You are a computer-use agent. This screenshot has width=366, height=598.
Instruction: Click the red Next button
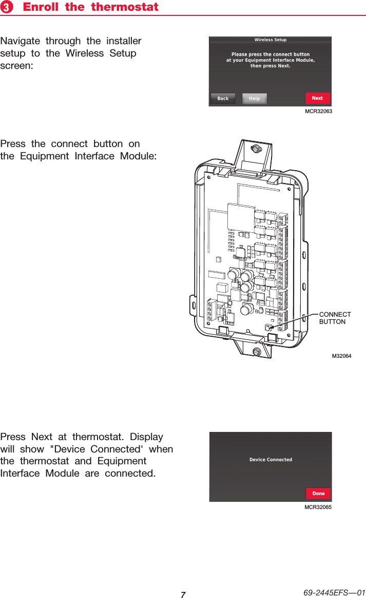pos(317,98)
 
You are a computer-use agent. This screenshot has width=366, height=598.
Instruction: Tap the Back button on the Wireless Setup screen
pos(223,98)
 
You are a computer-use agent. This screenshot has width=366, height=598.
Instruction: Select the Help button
pos(254,98)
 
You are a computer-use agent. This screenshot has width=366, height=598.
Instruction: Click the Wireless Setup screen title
pos(271,40)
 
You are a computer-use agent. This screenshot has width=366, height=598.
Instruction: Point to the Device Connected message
pos(271,460)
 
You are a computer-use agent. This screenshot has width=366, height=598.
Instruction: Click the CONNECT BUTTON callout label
pos(335,318)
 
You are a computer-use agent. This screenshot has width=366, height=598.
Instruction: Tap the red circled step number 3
pos(7,8)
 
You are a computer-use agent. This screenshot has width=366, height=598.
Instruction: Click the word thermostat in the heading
pos(125,7)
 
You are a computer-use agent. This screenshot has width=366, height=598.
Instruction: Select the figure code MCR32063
pos(318,111)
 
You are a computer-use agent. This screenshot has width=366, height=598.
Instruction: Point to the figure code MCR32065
pos(318,508)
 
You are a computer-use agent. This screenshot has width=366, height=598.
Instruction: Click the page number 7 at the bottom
pos(183,594)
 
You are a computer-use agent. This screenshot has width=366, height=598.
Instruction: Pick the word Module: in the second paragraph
pos(138,156)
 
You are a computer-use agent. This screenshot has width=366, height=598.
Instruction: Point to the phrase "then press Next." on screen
pos(271,66)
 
